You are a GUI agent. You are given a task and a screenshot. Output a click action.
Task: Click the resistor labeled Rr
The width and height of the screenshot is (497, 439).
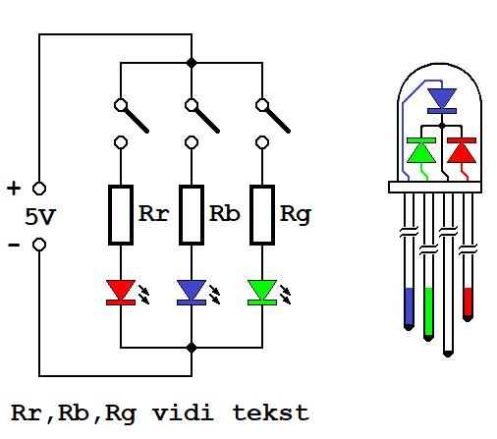coord(121,215)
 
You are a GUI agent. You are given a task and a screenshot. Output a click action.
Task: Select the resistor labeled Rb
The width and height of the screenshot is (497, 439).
coord(192,215)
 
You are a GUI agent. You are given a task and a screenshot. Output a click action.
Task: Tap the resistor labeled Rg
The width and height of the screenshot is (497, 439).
coord(262,215)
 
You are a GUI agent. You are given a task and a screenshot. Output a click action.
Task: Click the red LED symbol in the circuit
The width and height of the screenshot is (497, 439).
coord(121,293)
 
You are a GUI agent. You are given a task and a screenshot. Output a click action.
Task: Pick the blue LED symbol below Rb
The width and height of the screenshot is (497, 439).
coord(192,293)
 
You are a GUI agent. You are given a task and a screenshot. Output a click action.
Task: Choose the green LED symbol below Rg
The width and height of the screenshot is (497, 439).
coord(262,293)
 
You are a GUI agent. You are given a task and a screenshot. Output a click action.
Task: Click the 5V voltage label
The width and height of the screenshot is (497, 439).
coord(40,217)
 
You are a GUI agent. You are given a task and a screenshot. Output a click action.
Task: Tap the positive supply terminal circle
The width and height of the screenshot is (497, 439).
coord(39,189)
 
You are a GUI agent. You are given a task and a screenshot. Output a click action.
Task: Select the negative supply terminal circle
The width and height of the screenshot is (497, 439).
coord(39,245)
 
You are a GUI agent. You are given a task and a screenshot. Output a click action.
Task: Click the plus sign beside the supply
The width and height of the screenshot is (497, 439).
coord(14,189)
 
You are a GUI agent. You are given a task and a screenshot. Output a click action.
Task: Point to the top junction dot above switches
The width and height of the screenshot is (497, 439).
coord(192,63)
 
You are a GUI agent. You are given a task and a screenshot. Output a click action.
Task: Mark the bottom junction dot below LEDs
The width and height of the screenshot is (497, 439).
coord(192,348)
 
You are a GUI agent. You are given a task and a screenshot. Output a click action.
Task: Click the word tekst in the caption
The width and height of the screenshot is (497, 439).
coord(271,412)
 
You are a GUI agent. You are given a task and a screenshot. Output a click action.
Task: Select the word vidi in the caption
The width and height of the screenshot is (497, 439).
coord(183,412)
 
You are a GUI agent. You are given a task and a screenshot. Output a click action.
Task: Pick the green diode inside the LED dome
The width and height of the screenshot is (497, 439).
coord(421,150)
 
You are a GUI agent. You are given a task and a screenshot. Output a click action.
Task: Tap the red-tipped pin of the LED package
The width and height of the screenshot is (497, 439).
coord(468,257)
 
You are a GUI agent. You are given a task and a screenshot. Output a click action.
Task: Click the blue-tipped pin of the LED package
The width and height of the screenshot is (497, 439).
coord(409,261)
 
